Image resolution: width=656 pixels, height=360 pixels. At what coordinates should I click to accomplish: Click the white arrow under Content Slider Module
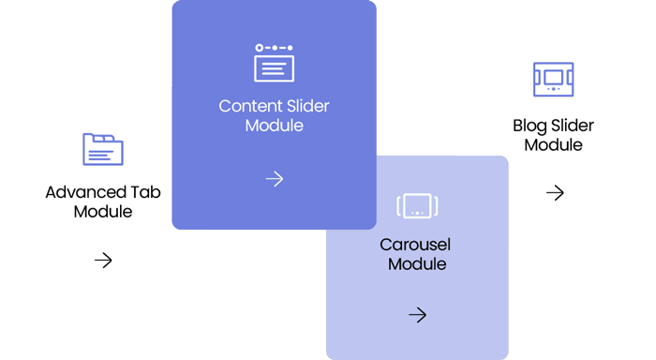pyautogui.click(x=275, y=179)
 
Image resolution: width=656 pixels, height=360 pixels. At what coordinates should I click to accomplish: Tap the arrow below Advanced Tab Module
pyautogui.click(x=103, y=261)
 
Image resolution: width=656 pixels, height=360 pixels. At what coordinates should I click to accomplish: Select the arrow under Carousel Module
pyautogui.click(x=418, y=315)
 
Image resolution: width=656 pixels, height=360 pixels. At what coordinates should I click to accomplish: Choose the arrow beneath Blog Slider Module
pyautogui.click(x=555, y=192)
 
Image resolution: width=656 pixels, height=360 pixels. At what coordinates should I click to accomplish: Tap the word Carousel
pyautogui.click(x=415, y=245)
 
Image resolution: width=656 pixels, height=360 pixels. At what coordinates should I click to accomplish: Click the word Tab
pyautogui.click(x=145, y=192)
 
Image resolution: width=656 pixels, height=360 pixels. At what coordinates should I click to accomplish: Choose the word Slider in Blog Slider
pyautogui.click(x=573, y=126)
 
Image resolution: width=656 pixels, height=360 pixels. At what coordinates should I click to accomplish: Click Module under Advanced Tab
pyautogui.click(x=103, y=212)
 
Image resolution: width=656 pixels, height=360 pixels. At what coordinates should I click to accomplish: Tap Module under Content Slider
pyautogui.click(x=274, y=126)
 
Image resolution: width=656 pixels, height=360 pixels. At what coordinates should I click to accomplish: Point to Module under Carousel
pyautogui.click(x=417, y=264)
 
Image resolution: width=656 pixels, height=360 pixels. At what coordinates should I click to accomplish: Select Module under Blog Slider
pyautogui.click(x=553, y=145)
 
